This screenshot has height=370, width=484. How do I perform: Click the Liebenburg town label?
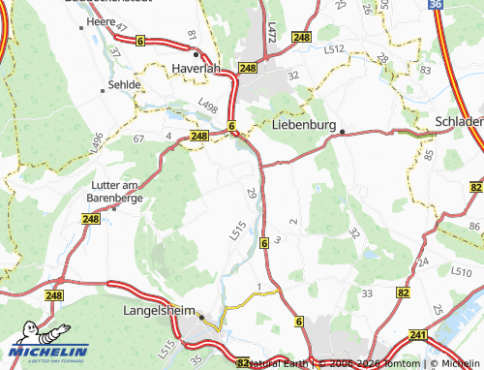[304, 125]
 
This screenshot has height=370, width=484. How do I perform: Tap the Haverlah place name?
[197, 69]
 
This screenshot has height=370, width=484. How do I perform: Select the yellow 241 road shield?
[417, 335]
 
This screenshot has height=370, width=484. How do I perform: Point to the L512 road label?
[335, 47]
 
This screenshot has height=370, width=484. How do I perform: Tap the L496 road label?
[97, 142]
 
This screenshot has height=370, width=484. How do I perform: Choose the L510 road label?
[461, 272]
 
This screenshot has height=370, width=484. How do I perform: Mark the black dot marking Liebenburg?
[342, 131]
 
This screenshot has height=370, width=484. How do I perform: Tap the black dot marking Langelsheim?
[201, 317]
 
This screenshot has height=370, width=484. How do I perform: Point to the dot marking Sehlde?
[104, 92]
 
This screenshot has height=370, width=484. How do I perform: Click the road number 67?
[138, 139]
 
